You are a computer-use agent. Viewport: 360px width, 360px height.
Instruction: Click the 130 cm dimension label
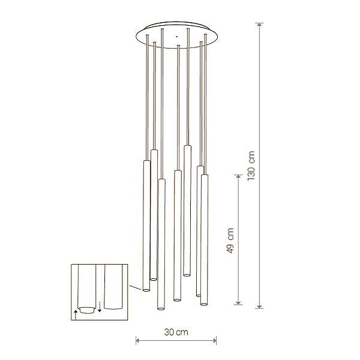(251, 166)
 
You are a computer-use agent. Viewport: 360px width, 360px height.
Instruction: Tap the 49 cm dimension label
(230, 241)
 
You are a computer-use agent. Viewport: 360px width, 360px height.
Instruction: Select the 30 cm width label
(176, 332)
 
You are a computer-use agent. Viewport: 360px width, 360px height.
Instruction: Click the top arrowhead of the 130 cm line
(259, 25)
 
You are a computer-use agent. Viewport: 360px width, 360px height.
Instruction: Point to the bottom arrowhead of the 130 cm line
(259, 306)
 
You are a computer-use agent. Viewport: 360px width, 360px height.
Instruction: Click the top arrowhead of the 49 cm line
(238, 176)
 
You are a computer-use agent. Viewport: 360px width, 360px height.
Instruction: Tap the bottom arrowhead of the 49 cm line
(238, 302)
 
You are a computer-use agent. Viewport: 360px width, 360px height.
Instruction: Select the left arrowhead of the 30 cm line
(138, 340)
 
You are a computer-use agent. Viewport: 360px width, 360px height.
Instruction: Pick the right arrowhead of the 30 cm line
(214, 340)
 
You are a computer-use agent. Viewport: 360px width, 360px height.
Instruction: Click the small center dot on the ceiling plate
(176, 36)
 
